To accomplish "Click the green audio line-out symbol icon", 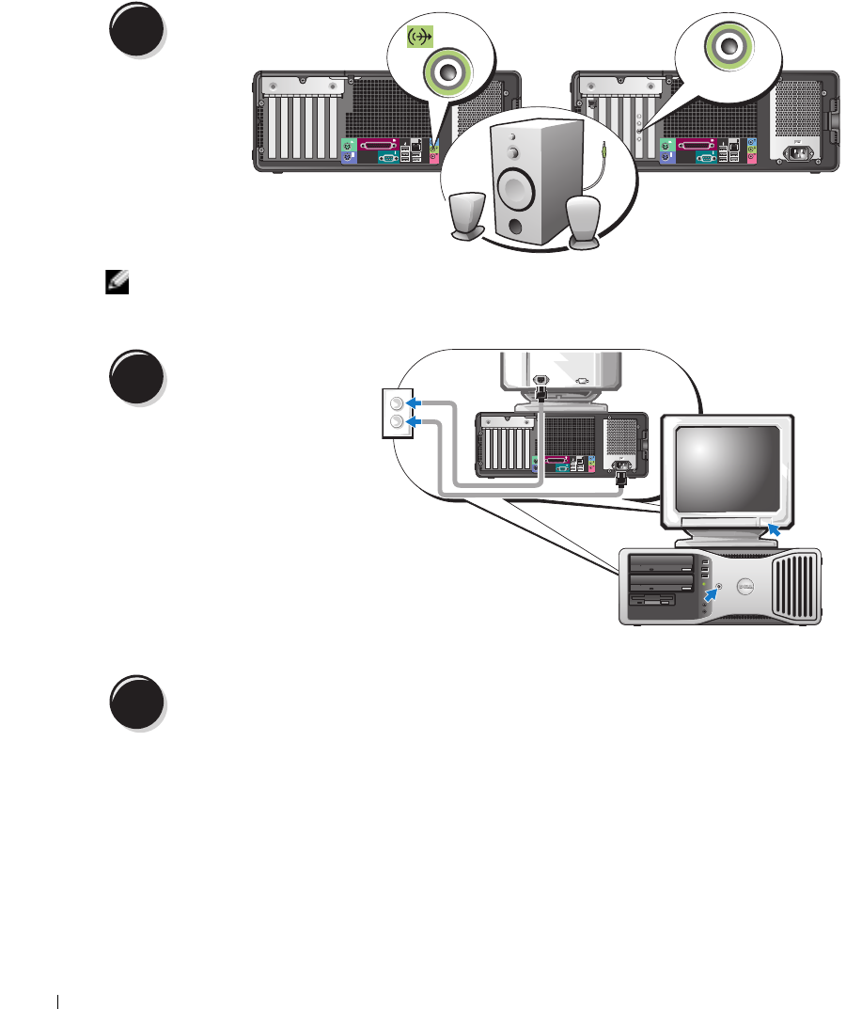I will [x=418, y=38].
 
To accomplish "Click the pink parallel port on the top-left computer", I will [x=377, y=145].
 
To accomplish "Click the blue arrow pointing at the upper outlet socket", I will [x=415, y=402].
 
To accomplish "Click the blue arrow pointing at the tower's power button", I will [x=710, y=592].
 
